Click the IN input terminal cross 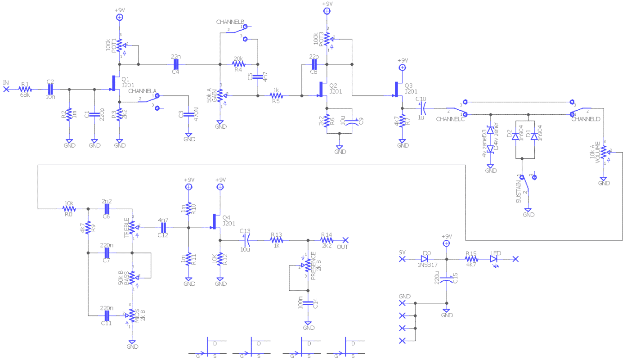click(x=6, y=89)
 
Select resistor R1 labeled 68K click(x=25, y=89)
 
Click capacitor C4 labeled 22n click(x=176, y=64)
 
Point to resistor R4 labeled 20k click(x=238, y=64)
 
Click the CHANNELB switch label click(x=230, y=22)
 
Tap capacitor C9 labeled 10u click(x=353, y=121)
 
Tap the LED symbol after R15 click(x=494, y=259)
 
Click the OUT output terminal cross click(x=345, y=240)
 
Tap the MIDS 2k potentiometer click(x=132, y=315)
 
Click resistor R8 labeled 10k click(x=69, y=208)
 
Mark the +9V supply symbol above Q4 click(x=220, y=186)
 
